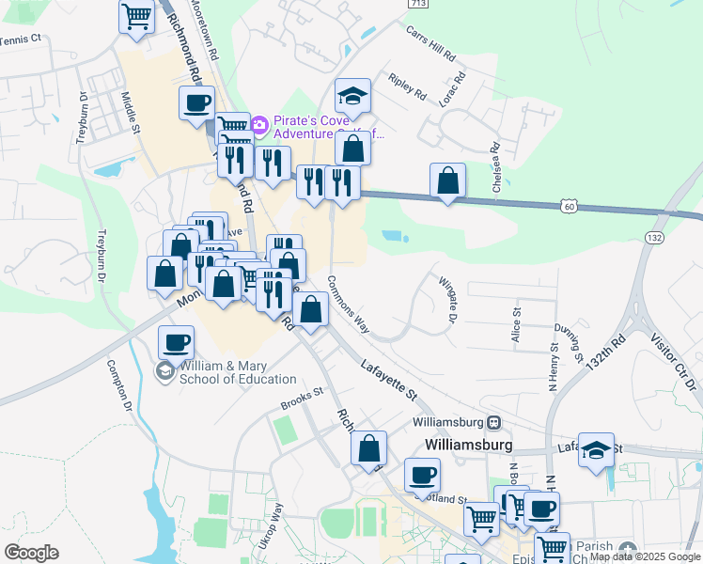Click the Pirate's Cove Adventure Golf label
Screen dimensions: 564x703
point(327,128)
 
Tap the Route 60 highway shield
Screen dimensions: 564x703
point(568,204)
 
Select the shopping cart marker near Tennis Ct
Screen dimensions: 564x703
point(136,16)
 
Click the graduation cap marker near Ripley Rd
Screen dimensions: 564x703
point(352,95)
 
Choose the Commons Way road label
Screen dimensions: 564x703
point(348,304)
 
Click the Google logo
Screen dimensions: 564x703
point(31,553)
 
